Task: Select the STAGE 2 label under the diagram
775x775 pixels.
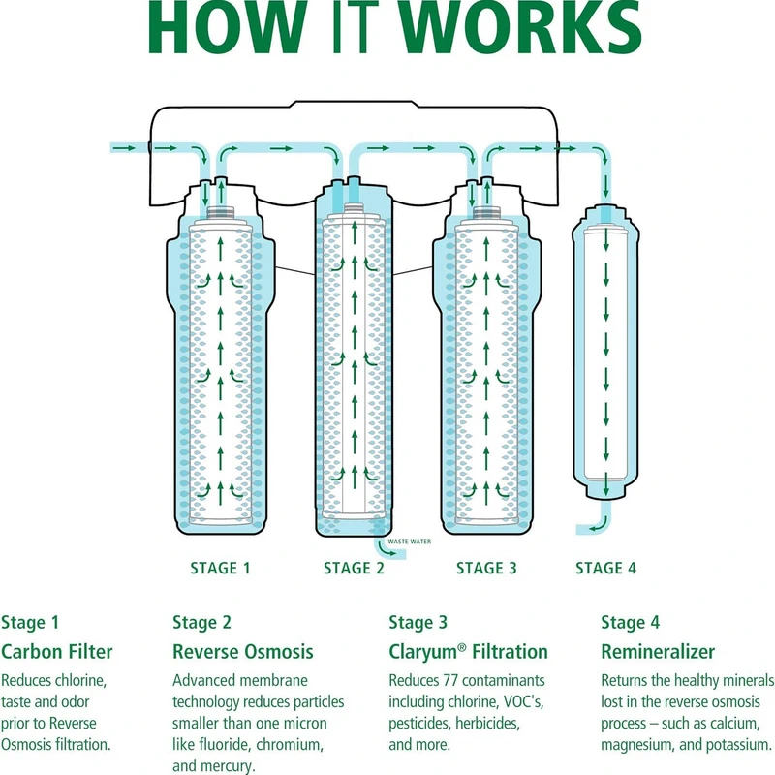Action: pyautogui.click(x=354, y=569)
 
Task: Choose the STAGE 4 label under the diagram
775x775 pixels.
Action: pyautogui.click(x=605, y=569)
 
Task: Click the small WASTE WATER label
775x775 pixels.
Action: pyautogui.click(x=409, y=542)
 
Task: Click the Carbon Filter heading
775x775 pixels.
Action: pyautogui.click(x=57, y=651)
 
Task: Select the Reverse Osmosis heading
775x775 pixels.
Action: pyautogui.click(x=243, y=651)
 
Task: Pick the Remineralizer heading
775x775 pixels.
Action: pyautogui.click(x=658, y=651)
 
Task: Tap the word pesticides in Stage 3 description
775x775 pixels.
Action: pyautogui.click(x=421, y=724)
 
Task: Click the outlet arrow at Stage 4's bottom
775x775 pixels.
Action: pyautogui.click(x=585, y=528)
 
